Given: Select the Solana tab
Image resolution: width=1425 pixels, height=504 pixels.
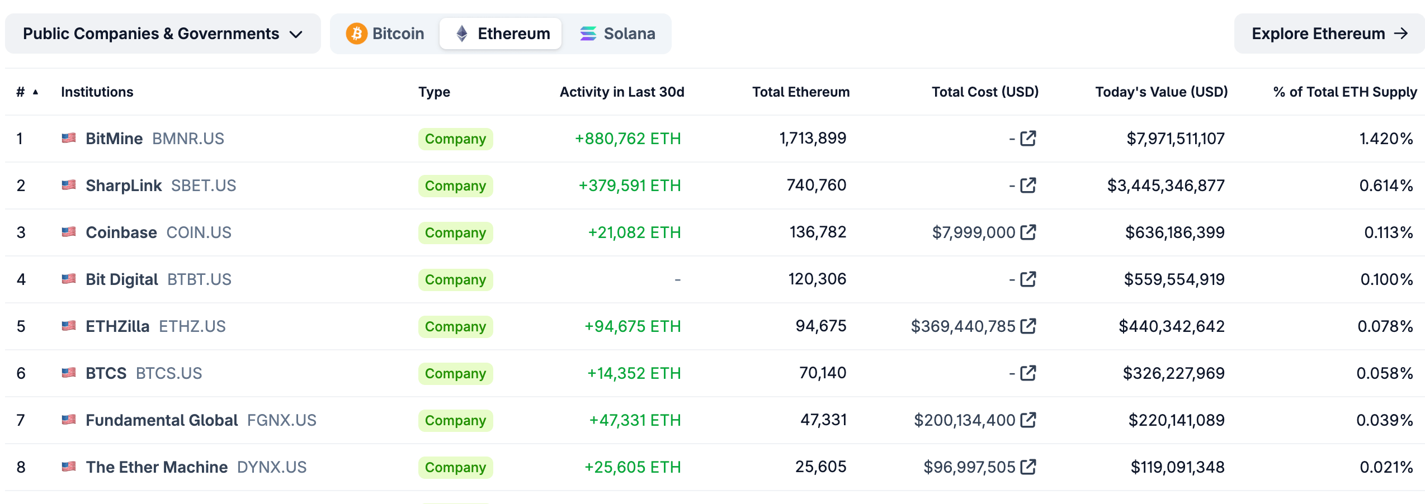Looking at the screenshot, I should (617, 34).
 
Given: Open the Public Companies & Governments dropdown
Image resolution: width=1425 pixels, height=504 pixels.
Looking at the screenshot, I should (163, 34).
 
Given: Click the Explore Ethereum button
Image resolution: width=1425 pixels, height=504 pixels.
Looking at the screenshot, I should (1329, 34).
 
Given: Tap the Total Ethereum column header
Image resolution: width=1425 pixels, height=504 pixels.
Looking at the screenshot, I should (800, 92).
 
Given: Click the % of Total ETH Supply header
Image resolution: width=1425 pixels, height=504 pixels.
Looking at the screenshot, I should (1344, 92).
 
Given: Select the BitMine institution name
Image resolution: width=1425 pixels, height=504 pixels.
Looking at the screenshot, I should (114, 139).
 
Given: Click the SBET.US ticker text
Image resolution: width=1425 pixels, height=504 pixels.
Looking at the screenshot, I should (204, 186).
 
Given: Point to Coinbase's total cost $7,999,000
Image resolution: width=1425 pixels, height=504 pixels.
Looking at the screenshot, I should (973, 232).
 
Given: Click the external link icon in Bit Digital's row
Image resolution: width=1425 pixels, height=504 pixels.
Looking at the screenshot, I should (1028, 279).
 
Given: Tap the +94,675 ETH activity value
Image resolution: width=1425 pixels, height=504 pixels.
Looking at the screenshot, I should (633, 326).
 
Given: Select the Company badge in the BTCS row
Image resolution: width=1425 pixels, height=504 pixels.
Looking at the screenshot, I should (455, 373).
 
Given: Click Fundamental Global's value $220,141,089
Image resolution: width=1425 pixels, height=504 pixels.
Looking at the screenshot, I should (1176, 420).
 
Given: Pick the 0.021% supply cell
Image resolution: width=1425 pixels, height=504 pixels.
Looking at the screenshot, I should (1386, 467).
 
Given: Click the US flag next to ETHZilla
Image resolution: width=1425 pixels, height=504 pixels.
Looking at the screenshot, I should (69, 326).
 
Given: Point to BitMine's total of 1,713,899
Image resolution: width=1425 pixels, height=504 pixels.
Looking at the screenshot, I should (813, 138).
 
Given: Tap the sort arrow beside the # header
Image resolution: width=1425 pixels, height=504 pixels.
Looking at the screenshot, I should (35, 92).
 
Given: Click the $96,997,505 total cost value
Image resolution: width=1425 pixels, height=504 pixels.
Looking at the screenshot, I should (969, 467).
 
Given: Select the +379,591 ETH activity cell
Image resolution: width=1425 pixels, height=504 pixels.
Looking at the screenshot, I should (629, 186).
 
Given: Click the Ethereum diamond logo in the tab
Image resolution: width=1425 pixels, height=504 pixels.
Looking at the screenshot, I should (462, 34).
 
